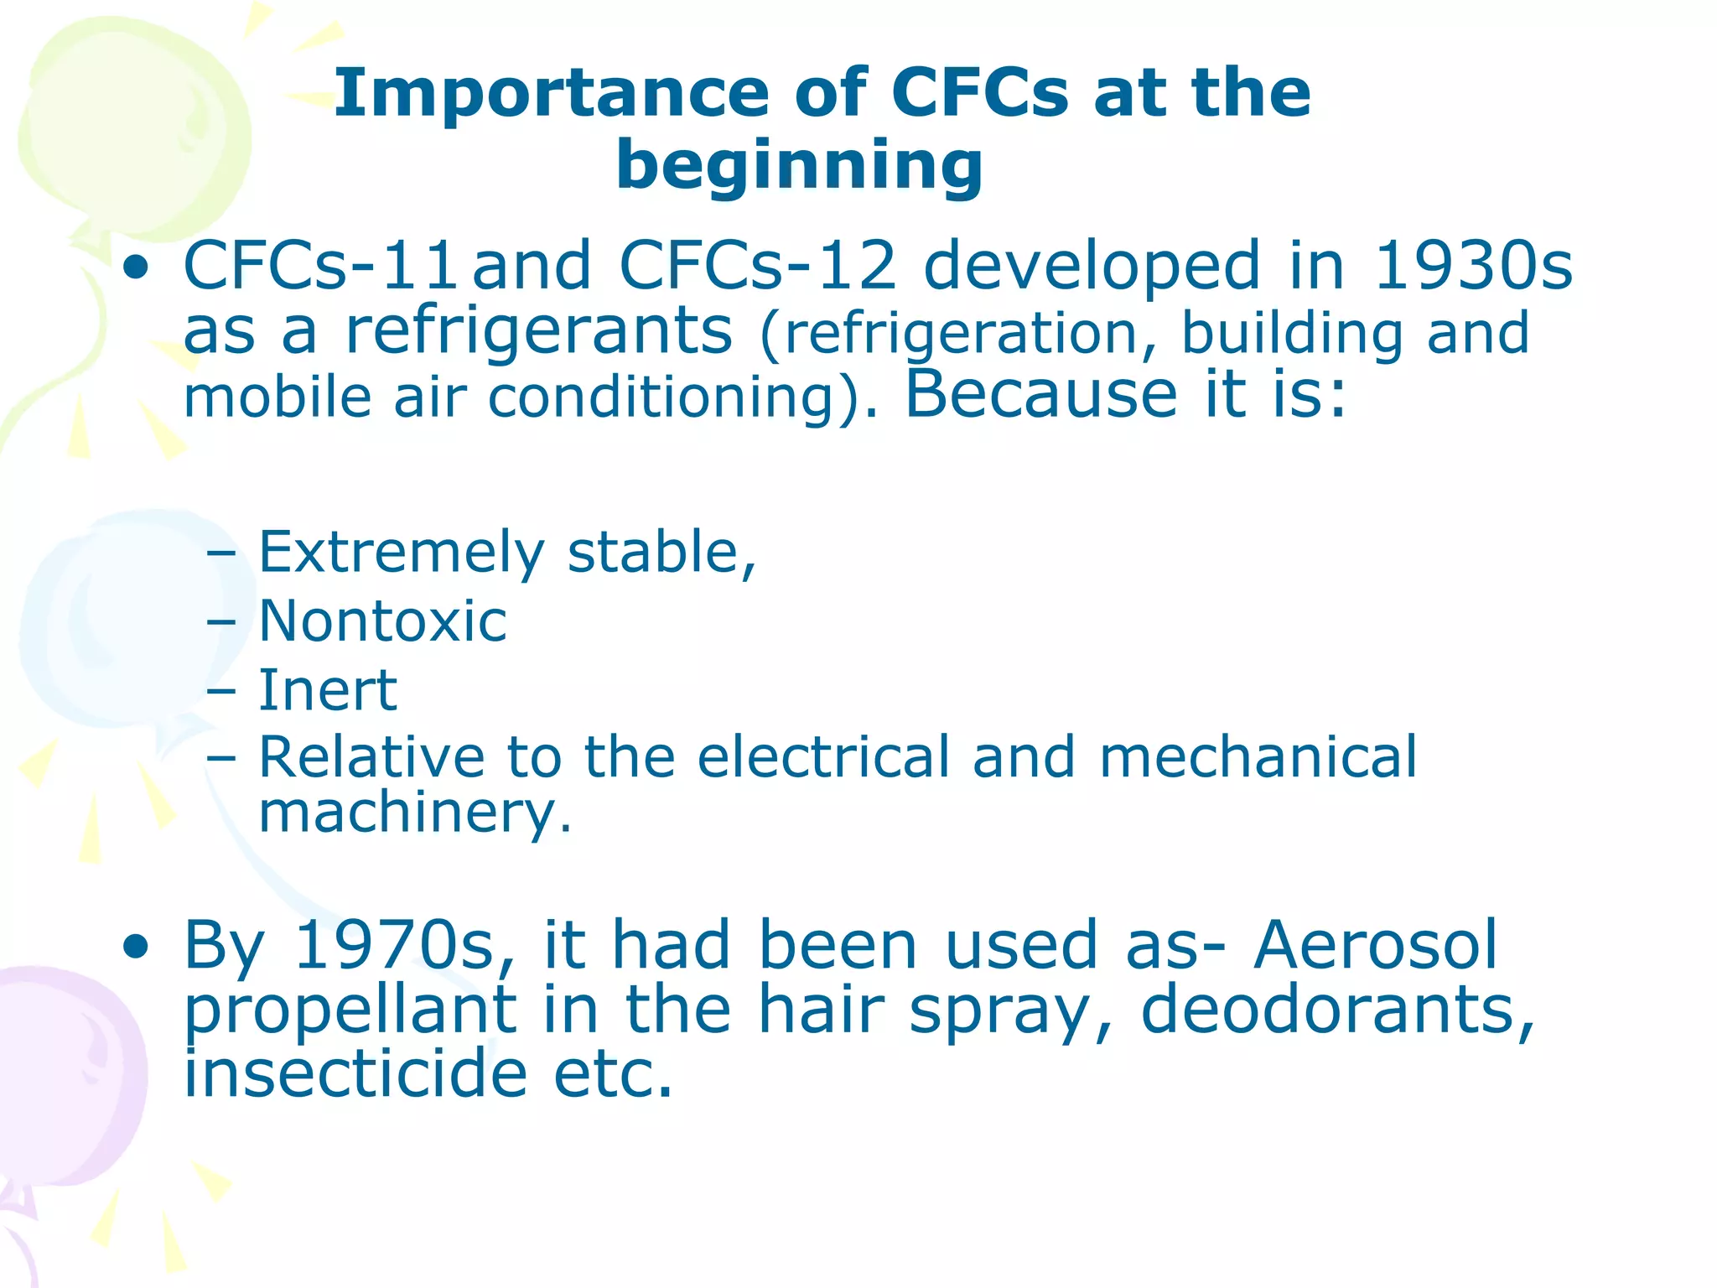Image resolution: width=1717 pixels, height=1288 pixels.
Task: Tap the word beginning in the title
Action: point(799,165)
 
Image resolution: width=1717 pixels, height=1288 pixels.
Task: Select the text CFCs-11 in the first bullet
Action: point(320,267)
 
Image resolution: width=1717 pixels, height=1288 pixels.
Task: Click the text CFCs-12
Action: point(758,267)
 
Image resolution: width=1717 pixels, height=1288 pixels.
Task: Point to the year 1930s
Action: point(1472,267)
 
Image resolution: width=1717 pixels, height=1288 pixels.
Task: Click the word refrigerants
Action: point(539,332)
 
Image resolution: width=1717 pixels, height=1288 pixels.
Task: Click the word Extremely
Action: point(402,553)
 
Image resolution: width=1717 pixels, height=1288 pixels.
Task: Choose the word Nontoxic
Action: point(383,622)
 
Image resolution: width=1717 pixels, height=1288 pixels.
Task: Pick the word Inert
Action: point(328,691)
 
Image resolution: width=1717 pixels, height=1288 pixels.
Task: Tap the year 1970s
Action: point(395,946)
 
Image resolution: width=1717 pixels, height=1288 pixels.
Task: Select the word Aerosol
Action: point(1376,946)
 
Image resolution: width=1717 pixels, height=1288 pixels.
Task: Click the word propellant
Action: point(350,1011)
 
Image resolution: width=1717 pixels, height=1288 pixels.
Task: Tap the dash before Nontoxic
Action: point(220,623)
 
